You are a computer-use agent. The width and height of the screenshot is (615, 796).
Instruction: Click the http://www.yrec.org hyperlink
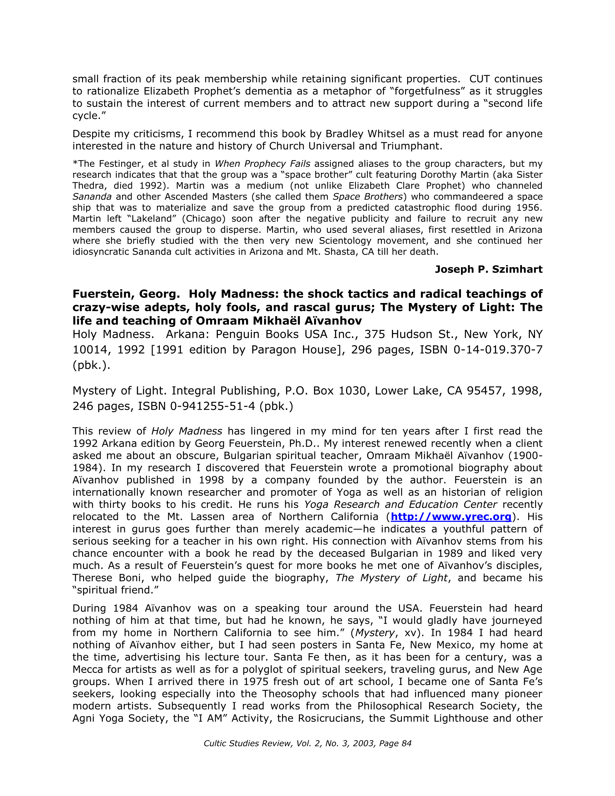click(451, 516)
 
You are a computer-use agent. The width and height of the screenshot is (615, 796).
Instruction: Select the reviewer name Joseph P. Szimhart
click(488, 269)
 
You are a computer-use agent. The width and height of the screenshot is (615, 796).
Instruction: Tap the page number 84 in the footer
click(406, 743)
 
